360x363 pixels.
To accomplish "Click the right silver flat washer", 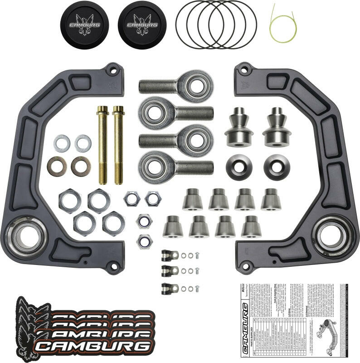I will pyautogui.click(x=83, y=143).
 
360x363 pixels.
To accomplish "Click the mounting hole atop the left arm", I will pyautogui.click(x=113, y=70).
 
